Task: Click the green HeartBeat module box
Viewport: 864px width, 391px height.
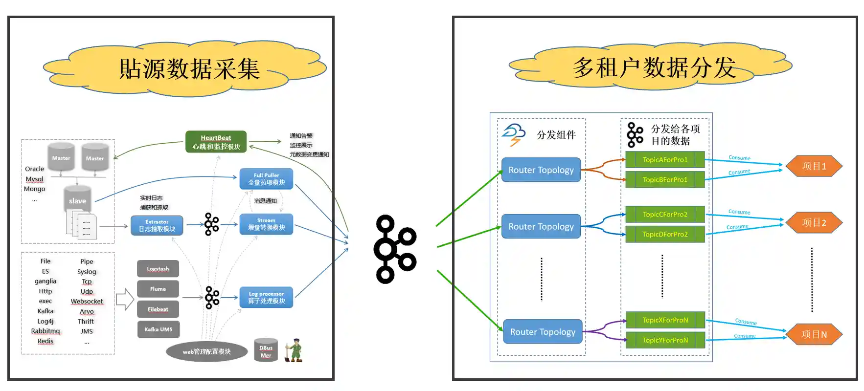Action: point(216,142)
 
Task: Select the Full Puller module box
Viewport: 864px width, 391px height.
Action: point(266,179)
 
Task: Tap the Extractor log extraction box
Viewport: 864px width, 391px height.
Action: point(157,225)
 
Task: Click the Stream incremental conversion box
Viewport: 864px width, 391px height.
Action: point(266,224)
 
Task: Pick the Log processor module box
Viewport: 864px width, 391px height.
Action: point(266,297)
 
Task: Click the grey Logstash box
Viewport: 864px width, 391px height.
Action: point(158,269)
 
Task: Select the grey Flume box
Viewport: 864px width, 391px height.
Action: point(158,289)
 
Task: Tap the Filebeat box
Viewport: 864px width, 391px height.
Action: point(158,309)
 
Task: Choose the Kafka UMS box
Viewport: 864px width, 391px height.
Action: point(158,329)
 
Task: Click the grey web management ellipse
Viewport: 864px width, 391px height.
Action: point(206,351)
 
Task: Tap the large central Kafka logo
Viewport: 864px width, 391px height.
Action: point(394,249)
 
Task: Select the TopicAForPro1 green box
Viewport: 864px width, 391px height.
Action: point(665,160)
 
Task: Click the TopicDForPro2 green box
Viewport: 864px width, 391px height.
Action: point(665,234)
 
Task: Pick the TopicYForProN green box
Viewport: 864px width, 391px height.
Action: point(665,340)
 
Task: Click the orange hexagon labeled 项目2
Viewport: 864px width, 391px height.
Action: point(814,223)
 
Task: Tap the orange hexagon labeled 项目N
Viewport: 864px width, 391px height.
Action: point(814,335)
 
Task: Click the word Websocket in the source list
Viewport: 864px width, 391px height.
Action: point(87,302)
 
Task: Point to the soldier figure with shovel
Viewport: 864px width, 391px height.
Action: point(294,350)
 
